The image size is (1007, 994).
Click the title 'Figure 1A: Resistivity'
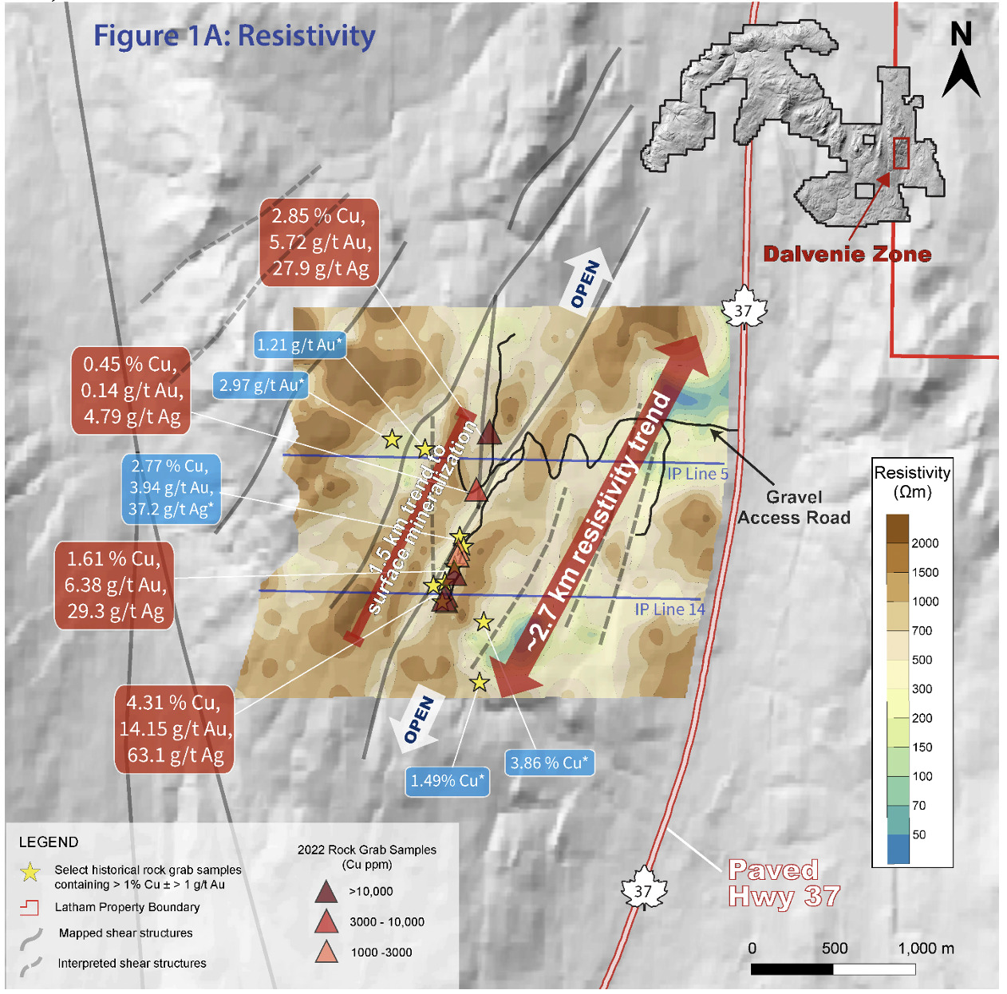pos(235,36)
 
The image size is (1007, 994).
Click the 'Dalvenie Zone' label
pos(847,254)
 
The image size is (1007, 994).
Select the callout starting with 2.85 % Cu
pos(319,243)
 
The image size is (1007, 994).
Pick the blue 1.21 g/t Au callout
pos(299,345)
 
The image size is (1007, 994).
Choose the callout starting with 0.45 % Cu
pos(132,391)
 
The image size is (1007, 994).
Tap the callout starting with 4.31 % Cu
pos(175,729)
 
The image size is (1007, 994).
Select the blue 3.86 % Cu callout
pos(549,763)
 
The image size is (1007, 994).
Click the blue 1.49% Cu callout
pos(447,781)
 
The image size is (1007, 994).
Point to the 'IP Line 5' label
pos(697,474)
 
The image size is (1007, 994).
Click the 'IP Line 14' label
pos(669,609)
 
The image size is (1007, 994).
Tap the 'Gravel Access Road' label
pos(794,507)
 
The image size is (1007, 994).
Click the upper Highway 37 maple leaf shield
pos(743,309)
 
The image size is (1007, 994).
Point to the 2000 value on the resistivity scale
pos(925,543)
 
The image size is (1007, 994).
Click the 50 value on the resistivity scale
pos(919,834)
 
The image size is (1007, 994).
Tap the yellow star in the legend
pos(30,872)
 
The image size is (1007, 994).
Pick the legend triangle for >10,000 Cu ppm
pos(326,892)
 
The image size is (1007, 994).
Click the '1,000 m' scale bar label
pos(926,949)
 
